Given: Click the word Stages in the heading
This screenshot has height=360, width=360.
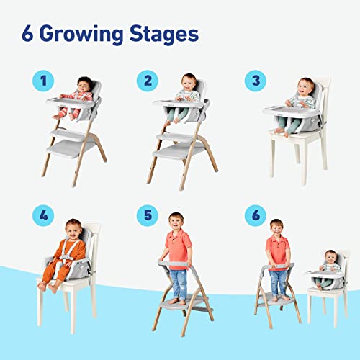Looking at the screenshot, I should (163, 34).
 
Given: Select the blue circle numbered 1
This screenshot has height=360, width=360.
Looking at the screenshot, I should (42, 81).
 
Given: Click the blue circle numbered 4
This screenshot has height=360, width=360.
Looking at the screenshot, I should (42, 215).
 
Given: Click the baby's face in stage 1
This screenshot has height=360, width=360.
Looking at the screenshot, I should (84, 85).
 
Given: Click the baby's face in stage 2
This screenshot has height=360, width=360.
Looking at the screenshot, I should (189, 81).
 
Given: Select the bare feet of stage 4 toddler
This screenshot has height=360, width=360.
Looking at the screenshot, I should (48, 286).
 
